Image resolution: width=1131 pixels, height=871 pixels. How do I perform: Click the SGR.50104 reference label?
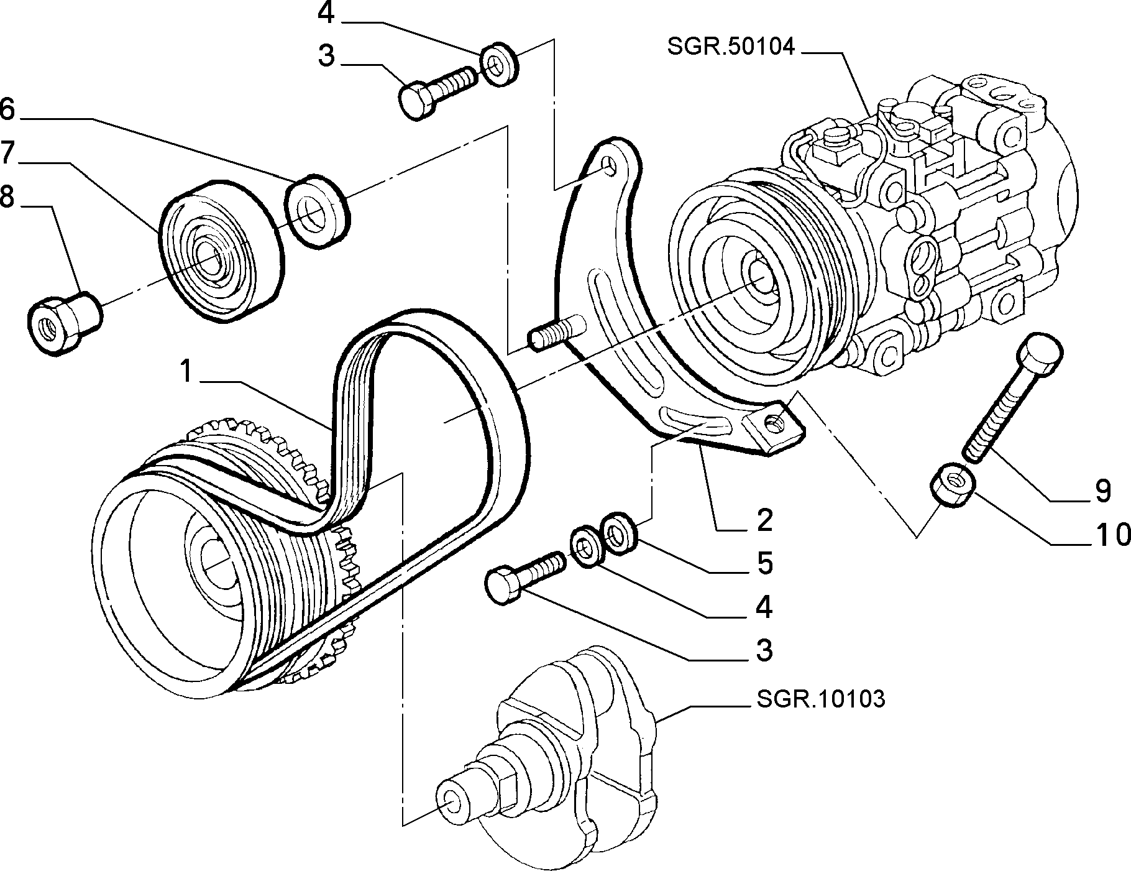pos(731,47)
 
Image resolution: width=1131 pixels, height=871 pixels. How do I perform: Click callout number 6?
pos(6,109)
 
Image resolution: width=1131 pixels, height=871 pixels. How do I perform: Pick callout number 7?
pos(6,153)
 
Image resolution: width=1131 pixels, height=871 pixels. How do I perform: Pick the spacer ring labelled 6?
pos(318,212)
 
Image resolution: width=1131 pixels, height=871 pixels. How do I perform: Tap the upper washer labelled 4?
pos(500,63)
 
